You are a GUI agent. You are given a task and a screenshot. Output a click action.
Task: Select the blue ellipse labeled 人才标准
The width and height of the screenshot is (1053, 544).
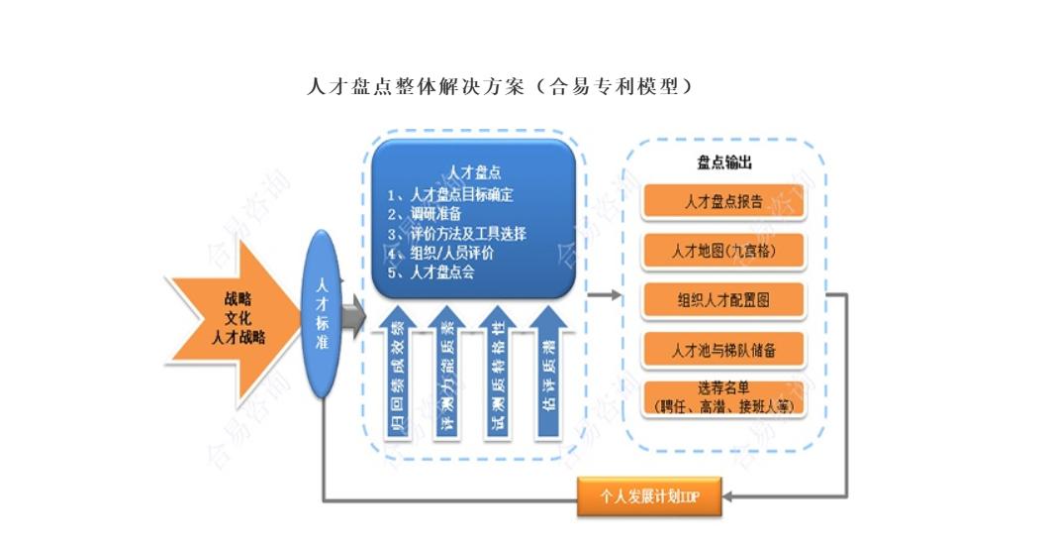coord(322,313)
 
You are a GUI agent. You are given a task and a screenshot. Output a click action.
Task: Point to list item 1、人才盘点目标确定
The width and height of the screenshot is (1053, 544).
coord(454,193)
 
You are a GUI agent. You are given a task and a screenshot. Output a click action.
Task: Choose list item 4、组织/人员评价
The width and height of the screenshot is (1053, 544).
coord(441,253)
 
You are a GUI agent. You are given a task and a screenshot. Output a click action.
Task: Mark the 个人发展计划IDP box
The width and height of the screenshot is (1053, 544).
coord(650,496)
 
